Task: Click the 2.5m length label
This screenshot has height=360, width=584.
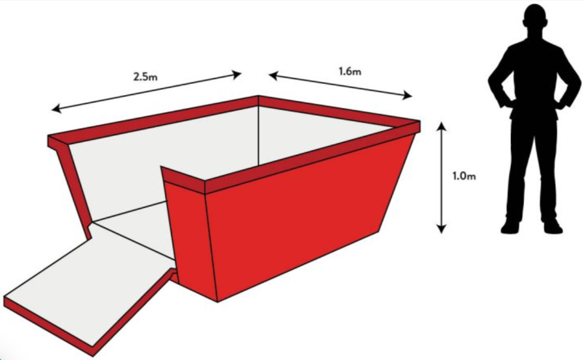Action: [145, 77]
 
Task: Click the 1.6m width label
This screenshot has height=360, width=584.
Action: [350, 71]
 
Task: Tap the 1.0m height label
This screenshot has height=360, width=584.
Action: [464, 175]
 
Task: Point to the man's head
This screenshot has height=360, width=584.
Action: [535, 19]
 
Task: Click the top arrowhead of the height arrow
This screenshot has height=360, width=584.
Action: [441, 126]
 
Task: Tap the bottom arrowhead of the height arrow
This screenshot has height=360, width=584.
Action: [441, 228]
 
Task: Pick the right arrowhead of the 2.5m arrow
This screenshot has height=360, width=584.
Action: [237, 75]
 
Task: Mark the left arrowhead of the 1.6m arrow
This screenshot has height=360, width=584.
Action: [273, 76]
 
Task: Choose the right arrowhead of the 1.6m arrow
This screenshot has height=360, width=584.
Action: [407, 96]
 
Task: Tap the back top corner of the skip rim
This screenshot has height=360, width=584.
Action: [259, 97]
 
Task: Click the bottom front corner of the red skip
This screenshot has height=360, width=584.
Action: [218, 302]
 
